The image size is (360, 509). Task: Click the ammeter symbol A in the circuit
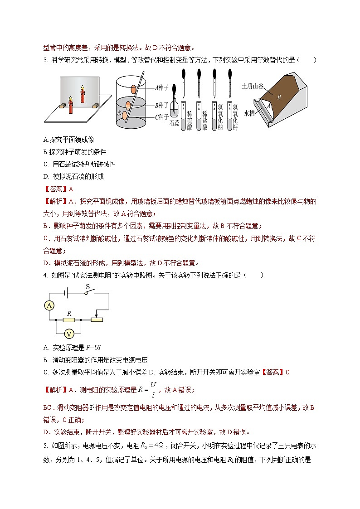49,306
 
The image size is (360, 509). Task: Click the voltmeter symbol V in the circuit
69,334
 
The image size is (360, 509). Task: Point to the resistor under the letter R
69,320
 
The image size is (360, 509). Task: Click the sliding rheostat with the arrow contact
97,320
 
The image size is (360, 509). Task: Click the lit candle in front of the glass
71,105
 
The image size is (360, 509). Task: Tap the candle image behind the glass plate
83,94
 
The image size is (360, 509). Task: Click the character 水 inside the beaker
119,114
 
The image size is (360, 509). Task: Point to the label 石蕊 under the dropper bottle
175,122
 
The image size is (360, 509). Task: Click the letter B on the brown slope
279,97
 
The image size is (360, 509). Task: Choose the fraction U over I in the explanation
153,389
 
